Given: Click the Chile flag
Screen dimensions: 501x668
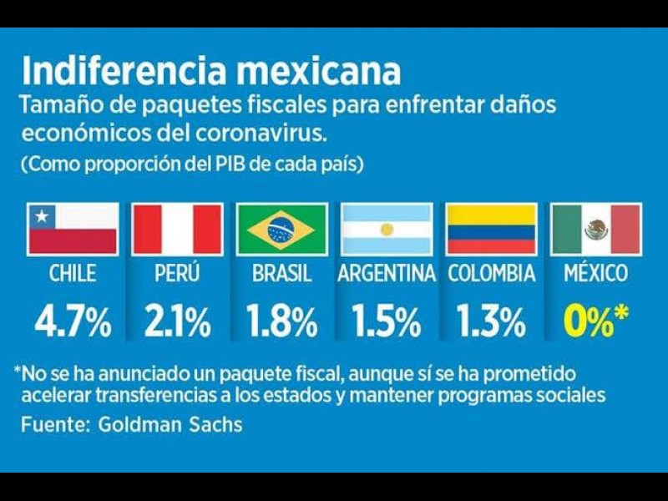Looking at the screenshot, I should (x=73, y=229).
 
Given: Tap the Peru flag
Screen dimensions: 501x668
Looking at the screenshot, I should (x=177, y=229).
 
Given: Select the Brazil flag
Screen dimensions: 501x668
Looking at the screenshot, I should (x=281, y=229).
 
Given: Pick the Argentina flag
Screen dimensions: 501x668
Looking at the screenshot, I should (x=387, y=229).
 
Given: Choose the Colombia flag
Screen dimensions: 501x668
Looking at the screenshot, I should (x=491, y=229).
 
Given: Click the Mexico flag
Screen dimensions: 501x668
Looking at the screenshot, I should (x=596, y=229).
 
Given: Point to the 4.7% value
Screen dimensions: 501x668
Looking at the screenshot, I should (x=73, y=321).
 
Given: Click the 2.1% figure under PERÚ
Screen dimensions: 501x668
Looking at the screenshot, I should (x=177, y=321).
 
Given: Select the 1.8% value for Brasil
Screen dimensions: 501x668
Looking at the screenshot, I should (x=281, y=321).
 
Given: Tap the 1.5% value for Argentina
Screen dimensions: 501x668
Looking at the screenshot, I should (x=387, y=321).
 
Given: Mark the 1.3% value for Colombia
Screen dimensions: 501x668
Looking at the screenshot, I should (x=491, y=321).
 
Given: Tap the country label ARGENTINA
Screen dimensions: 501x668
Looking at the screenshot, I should (x=387, y=273).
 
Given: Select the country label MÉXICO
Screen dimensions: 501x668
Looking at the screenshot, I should (x=596, y=273).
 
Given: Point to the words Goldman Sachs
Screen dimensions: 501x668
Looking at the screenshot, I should (x=170, y=424).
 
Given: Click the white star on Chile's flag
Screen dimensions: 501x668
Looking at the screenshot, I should (x=39, y=217).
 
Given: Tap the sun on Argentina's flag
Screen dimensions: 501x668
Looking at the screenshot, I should (x=387, y=229).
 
